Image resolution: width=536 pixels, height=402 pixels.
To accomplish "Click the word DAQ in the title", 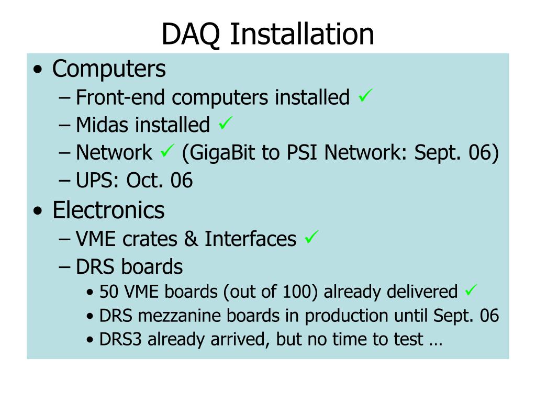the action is click(191, 34).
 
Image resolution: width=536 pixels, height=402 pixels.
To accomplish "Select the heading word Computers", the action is click(109, 70).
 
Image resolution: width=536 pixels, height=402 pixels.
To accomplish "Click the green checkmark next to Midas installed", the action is click(226, 123).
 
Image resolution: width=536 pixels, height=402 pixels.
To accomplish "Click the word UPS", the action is click(97, 180).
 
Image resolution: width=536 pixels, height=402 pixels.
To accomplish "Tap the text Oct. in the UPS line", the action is click(144, 180).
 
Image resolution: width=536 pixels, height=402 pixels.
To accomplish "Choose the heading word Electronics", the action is click(108, 210).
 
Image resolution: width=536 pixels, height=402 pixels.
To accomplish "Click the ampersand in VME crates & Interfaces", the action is click(191, 239).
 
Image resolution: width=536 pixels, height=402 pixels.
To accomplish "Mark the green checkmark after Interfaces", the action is click(311, 237).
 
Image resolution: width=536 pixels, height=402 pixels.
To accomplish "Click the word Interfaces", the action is click(250, 238).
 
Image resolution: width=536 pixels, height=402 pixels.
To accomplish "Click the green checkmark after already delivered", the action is click(471, 290).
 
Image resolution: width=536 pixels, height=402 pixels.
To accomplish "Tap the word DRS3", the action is click(120, 339).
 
